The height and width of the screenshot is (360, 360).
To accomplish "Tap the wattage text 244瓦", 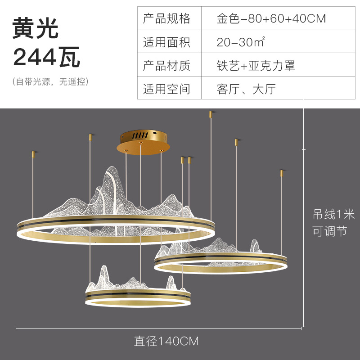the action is pos(47,58).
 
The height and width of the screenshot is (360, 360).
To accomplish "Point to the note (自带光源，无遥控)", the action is pos(50,82).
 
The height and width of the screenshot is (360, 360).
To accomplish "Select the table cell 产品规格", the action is pos(166,19).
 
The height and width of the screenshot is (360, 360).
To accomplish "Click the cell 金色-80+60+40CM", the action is pos(271,19).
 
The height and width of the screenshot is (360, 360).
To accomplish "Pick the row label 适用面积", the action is pos(166,42).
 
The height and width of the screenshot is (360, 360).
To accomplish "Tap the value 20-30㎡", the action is pos(240,42).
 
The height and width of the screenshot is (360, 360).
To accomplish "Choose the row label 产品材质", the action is pos(166,66).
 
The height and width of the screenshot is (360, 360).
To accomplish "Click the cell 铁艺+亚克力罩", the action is pos(256,66).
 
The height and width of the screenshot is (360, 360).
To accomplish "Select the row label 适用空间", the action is pos(166,89).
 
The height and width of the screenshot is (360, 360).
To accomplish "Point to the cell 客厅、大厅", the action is pos(246,89).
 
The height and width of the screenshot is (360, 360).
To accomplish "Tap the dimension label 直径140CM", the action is pos(166,341).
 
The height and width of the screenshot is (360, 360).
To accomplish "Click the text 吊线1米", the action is pos(334,213).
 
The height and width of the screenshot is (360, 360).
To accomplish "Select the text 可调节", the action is pos(330,231).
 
